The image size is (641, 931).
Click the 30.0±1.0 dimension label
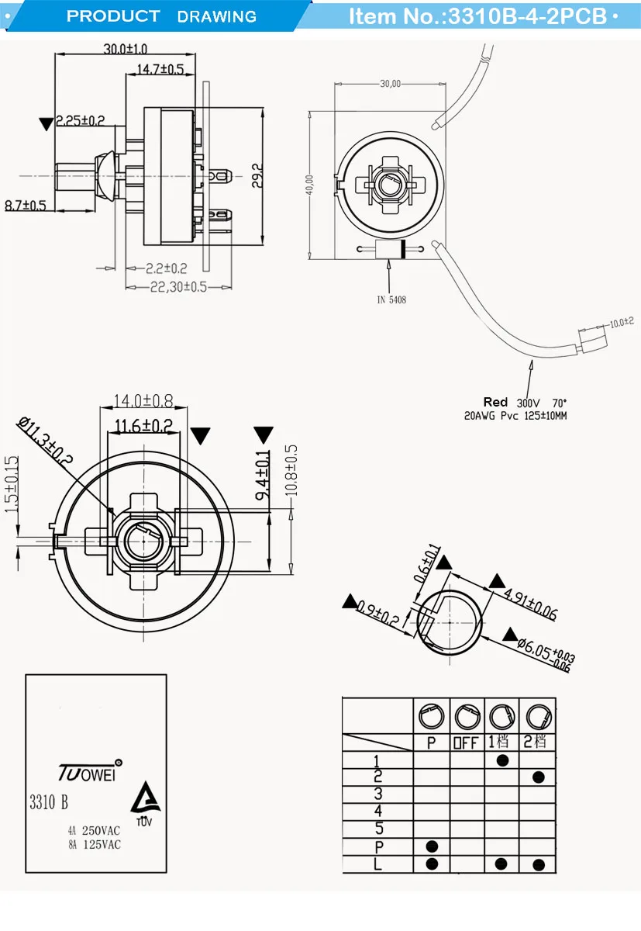click(x=126, y=49)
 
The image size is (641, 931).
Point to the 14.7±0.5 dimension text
click(x=160, y=70)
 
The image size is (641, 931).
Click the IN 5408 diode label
click(x=391, y=299)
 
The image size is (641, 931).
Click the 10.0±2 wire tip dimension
click(x=621, y=321)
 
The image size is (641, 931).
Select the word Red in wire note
click(x=495, y=402)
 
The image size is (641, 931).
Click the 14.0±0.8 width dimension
click(x=143, y=401)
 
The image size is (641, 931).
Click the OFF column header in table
click(x=466, y=742)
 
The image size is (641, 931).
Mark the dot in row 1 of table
click(x=502, y=760)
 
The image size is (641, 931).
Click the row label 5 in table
click(x=378, y=828)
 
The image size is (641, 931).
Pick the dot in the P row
click(x=432, y=846)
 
